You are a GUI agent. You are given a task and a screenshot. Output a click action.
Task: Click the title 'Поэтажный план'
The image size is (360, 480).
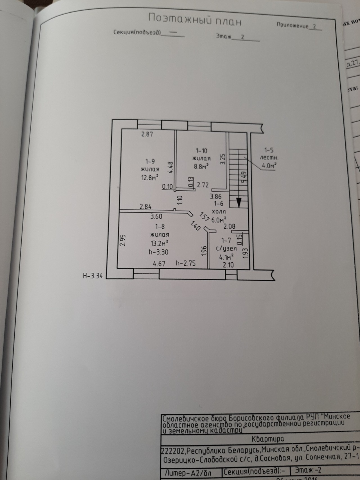(x=195, y=20)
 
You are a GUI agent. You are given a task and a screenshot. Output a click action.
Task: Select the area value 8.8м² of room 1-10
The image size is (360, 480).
(x=201, y=166)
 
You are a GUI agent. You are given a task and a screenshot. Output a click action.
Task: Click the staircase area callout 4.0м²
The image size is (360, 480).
(x=269, y=166)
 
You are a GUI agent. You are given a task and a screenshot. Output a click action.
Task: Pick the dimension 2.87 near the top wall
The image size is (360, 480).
(x=147, y=134)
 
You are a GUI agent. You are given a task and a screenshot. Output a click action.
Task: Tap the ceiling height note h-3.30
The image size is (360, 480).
(x=159, y=252)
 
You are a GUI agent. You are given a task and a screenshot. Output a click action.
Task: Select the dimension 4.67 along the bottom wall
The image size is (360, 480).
(x=159, y=264)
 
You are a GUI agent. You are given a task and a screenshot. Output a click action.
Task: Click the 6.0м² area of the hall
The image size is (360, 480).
(x=219, y=220)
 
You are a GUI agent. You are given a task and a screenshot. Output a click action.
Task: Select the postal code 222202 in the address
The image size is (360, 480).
(x=173, y=451)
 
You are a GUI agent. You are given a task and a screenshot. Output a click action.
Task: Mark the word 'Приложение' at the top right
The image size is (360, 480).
(x=292, y=26)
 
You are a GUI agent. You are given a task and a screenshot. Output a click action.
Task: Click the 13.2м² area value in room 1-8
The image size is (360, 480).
(x=159, y=243)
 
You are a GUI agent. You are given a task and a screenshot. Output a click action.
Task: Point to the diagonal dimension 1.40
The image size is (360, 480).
(x=195, y=226)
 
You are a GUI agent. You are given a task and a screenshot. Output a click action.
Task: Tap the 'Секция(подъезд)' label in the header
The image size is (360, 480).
(x=137, y=32)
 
